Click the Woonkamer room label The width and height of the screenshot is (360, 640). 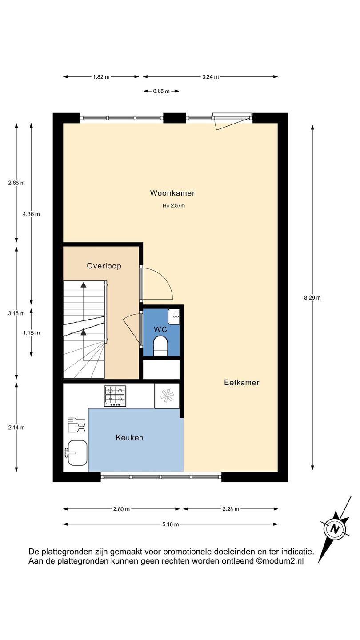[x=172, y=193]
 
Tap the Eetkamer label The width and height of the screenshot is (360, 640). [x=241, y=383]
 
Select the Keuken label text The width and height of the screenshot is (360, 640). [x=129, y=438]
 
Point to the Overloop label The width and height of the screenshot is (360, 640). [x=104, y=266]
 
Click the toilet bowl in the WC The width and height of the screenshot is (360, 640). [x=160, y=346]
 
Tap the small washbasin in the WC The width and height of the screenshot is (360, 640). [x=173, y=316]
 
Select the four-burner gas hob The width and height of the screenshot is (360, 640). [x=115, y=396]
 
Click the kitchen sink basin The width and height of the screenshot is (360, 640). [x=76, y=453]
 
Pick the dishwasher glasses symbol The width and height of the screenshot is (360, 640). [x=76, y=425]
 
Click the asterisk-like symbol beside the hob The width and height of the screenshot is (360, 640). [x=167, y=396]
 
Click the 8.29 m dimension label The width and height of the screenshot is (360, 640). [x=312, y=298]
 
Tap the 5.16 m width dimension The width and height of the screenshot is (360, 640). [x=171, y=524]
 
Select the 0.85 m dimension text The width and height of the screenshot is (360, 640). [x=161, y=91]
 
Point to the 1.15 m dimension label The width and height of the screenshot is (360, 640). [x=32, y=333]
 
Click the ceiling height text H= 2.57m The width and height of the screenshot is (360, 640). [x=174, y=205]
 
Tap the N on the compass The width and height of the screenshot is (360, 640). [x=334, y=529]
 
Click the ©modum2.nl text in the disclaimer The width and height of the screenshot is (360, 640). [x=280, y=561]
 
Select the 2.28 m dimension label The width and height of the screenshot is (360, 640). [x=231, y=509]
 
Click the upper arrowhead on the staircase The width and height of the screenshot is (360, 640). [x=84, y=284]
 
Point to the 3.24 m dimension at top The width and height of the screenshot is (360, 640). [x=211, y=76]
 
